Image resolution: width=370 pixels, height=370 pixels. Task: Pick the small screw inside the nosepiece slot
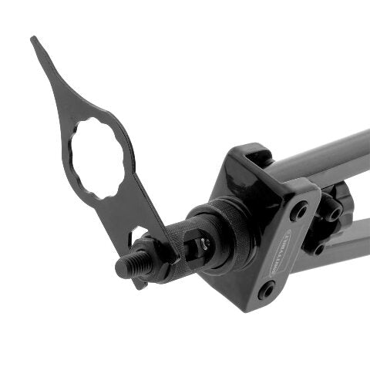click(205, 246)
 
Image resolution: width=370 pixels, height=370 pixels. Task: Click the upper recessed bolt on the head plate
click(298, 210)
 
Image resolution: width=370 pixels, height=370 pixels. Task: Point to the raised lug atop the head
click(258, 155)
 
